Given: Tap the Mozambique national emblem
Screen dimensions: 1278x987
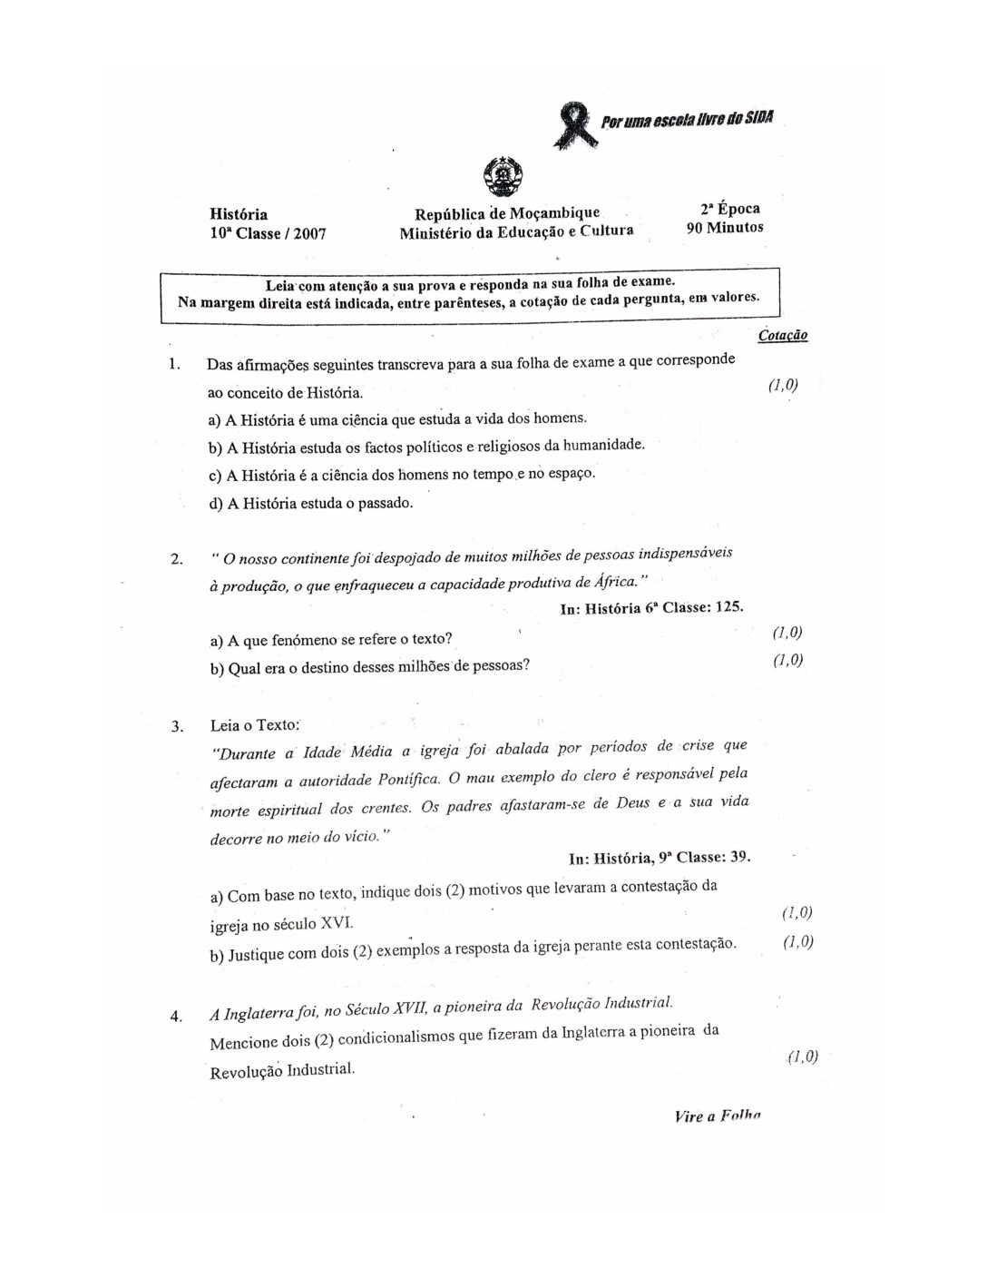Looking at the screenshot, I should coord(500,177).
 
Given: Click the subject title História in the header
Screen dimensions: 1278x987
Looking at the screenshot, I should coord(239,214).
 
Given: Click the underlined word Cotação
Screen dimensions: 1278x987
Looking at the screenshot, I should coord(782,336).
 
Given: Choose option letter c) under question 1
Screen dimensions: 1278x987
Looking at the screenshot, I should coord(216,476).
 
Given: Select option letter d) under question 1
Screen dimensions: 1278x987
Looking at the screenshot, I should coord(216,503).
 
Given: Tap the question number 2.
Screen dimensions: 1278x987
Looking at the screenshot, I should coord(176,558).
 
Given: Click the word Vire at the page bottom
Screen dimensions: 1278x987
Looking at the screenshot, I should coord(689,1116).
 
